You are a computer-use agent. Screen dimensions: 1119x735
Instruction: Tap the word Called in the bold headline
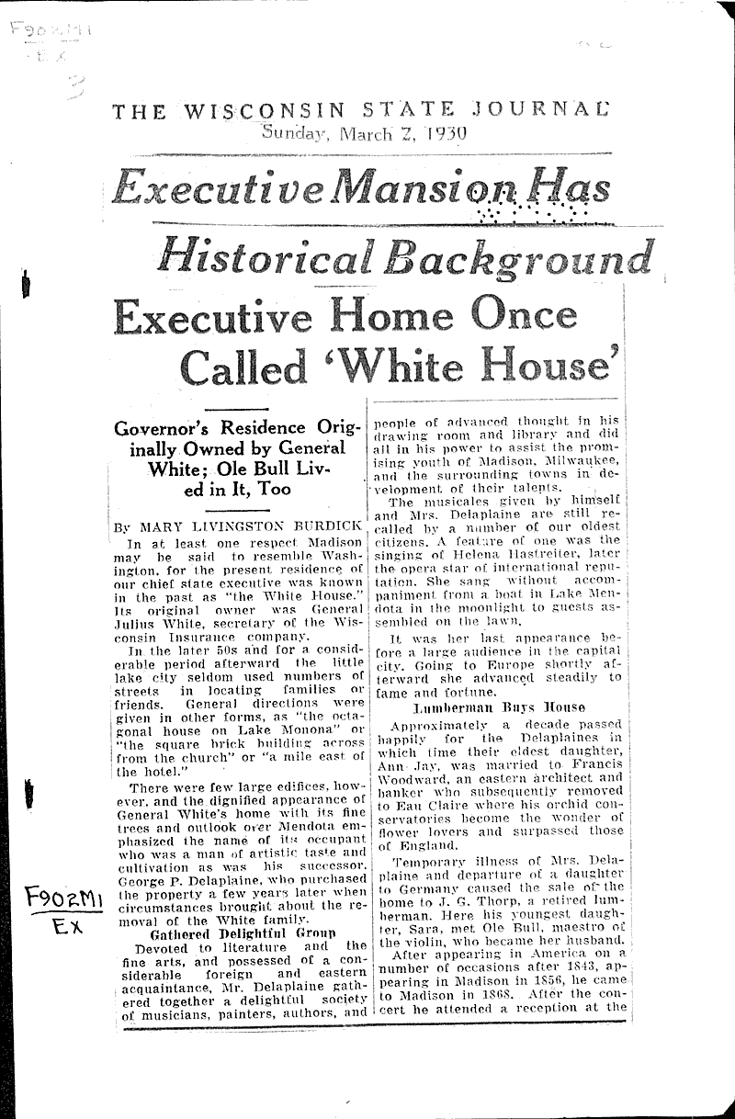point(243,367)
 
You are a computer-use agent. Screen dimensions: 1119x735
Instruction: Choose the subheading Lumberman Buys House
point(499,707)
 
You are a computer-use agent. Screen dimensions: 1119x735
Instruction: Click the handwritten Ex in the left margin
point(66,927)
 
